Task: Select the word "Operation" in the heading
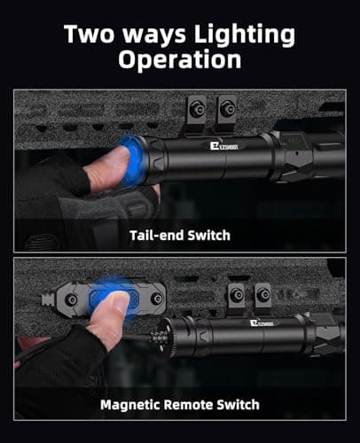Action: click(x=180, y=59)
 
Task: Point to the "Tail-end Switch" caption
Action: click(x=179, y=235)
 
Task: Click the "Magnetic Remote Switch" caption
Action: click(x=179, y=404)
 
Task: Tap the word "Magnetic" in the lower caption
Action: click(x=129, y=404)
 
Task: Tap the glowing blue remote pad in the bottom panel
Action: click(x=113, y=297)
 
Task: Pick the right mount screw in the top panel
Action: click(x=229, y=111)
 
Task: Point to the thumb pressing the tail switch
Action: click(x=108, y=166)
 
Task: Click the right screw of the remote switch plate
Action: click(x=156, y=299)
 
